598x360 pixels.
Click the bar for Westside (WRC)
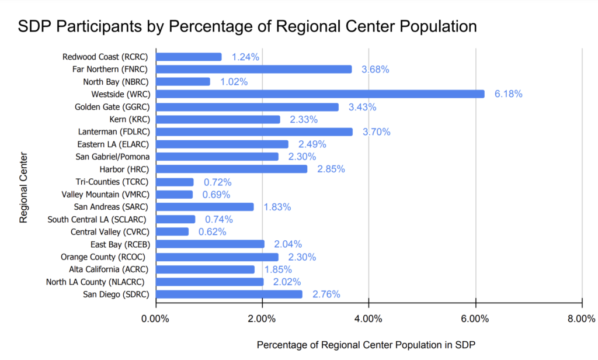click(x=319, y=94)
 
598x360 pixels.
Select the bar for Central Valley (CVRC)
click(x=172, y=231)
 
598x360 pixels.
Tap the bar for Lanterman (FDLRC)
click(x=254, y=131)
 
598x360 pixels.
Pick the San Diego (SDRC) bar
click(x=229, y=294)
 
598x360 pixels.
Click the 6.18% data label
click(x=508, y=94)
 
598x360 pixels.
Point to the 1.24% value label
click(x=245, y=57)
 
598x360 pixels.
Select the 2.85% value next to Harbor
click(x=331, y=169)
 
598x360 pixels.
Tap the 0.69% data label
click(x=216, y=194)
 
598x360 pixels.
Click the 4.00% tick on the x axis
click(x=369, y=319)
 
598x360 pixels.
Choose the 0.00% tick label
click(x=155, y=319)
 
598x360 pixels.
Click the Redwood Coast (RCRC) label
click(x=106, y=57)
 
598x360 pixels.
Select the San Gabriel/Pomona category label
click(x=112, y=157)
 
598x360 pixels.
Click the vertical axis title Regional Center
click(x=24, y=188)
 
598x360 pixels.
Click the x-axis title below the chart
click(x=366, y=345)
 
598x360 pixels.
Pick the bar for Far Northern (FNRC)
click(x=253, y=69)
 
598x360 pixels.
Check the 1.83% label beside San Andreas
click(x=277, y=207)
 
